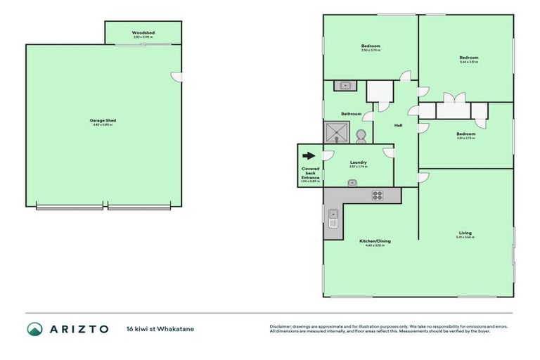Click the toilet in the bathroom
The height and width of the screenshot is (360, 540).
click(361, 134)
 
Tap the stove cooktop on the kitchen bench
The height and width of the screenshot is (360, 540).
click(377, 196)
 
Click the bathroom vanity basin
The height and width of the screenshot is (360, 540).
click(345, 86)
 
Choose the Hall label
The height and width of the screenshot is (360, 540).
click(398, 125)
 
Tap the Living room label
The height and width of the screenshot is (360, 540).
click(465, 233)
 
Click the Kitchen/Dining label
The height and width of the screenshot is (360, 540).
click(375, 241)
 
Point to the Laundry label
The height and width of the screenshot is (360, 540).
click(359, 162)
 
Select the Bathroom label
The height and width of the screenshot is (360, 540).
click(351, 114)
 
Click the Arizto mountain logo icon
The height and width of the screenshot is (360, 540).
click(35, 328)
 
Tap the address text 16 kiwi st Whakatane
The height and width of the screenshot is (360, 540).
click(160, 328)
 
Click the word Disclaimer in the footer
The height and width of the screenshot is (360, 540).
click(279, 326)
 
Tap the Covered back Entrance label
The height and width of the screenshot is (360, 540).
click(310, 173)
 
